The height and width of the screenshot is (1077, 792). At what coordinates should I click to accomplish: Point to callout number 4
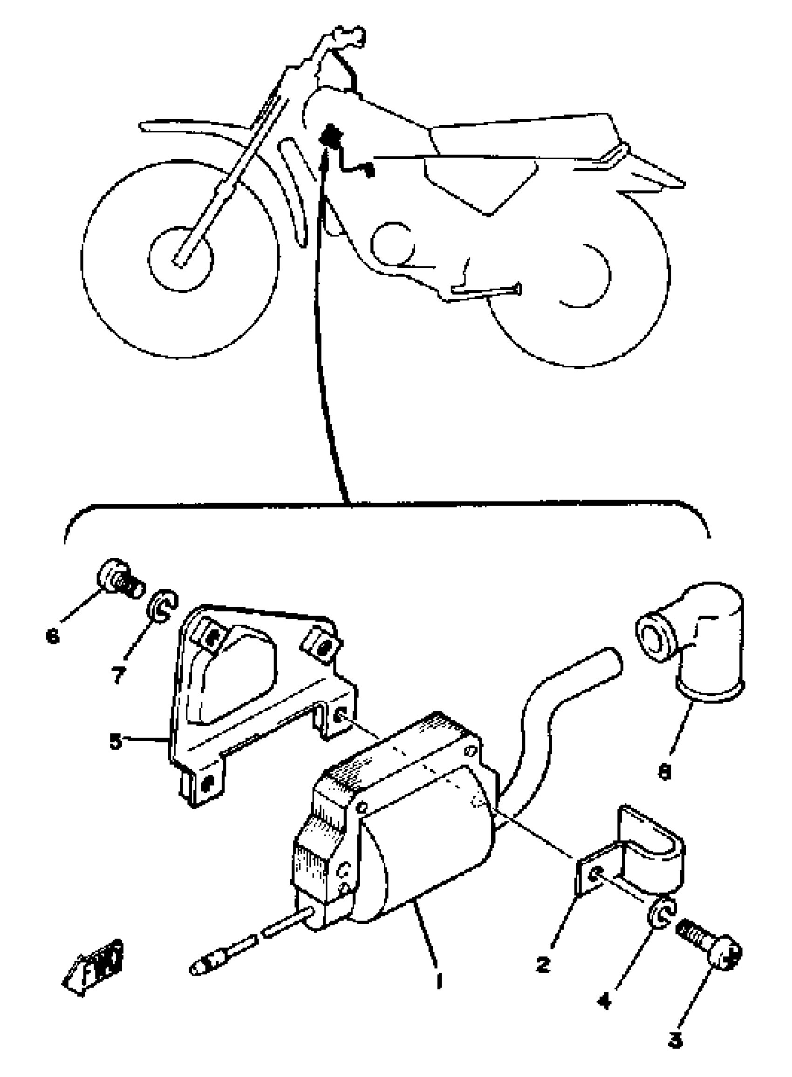[605, 1000]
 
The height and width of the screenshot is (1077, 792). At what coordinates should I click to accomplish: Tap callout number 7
[118, 675]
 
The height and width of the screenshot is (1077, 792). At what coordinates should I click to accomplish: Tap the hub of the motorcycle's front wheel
[180, 259]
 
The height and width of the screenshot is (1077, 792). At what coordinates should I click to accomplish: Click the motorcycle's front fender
[192, 129]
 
